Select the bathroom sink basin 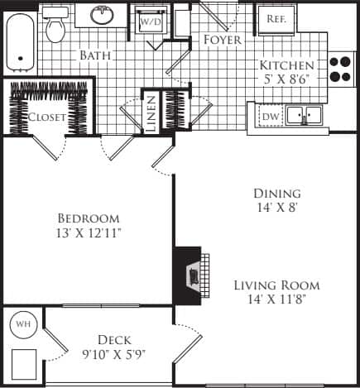pyautogui.click(x=103, y=15)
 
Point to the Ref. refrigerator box pyautogui.click(x=274, y=19)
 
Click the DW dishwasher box pyautogui.click(x=269, y=117)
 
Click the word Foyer pyautogui.click(x=222, y=40)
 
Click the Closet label pyautogui.click(x=46, y=117)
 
